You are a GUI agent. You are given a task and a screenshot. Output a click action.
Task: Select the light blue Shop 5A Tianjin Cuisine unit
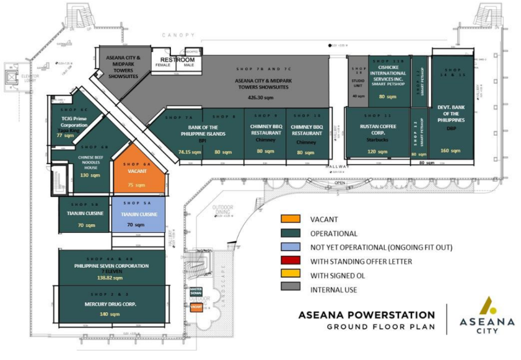point(138,214)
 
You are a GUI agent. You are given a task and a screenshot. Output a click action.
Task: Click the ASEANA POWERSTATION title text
point(367,315)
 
